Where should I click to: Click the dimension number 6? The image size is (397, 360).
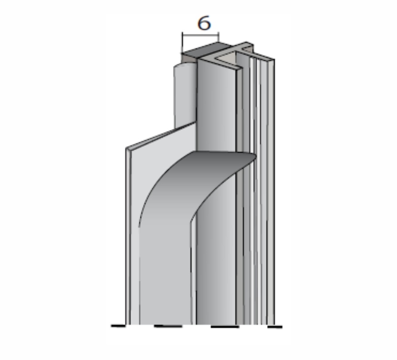[x=204, y=23]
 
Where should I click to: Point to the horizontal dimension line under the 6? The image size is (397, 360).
[x=200, y=35]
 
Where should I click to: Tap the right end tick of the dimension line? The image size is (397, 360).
[x=219, y=37]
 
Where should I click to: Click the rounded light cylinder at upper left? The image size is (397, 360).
[x=185, y=95]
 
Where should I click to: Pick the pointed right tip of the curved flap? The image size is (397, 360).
[x=256, y=157]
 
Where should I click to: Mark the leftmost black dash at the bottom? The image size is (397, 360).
[x=118, y=326]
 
